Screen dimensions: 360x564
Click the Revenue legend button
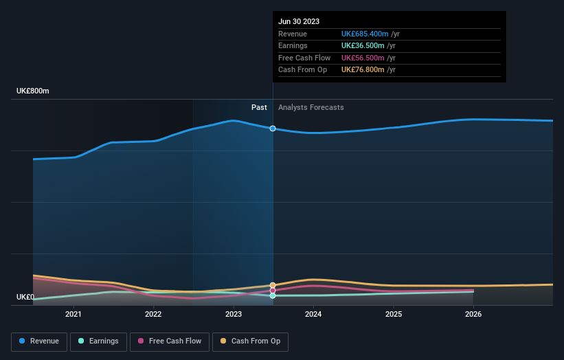pos(40,341)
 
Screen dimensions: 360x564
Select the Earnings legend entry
pos(98,341)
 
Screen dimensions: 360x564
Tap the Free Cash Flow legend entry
pos(170,341)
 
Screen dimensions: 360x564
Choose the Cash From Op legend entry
pos(251,341)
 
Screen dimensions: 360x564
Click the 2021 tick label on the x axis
pos(73,315)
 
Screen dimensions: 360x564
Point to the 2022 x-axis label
pos(153,315)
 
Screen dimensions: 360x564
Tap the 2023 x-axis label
pos(234,315)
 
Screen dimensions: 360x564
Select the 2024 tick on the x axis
pos(313,315)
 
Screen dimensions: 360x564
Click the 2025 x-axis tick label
pos(394,315)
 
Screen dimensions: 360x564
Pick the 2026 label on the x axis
pos(473,315)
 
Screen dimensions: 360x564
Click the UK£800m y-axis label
pos(33,91)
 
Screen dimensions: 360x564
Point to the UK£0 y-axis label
pos(25,297)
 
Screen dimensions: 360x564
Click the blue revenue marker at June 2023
pos(273,128)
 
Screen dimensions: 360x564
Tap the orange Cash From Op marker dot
pos(273,285)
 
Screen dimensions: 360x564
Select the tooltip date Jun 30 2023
pos(299,22)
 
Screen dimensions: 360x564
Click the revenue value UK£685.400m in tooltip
pos(365,34)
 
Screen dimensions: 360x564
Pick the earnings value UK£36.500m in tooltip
pos(363,46)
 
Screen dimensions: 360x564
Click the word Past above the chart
pos(259,107)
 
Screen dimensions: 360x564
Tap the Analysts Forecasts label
pos(311,107)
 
